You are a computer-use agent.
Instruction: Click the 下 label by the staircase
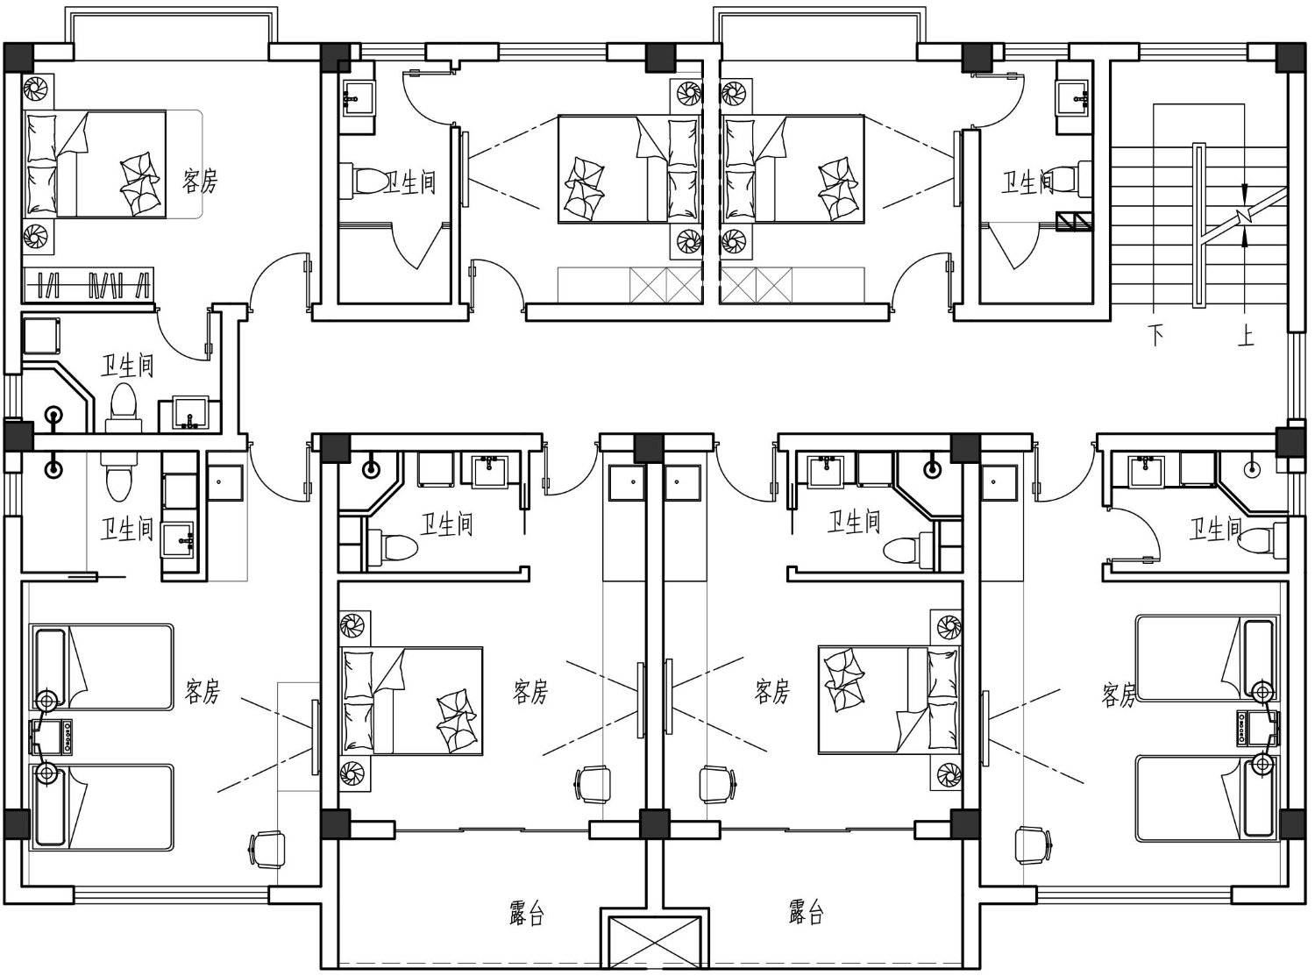tap(1156, 335)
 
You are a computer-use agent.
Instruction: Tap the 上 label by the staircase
tap(1246, 335)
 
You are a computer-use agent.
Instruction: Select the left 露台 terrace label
tap(527, 913)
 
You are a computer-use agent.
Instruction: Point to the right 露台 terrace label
tap(807, 912)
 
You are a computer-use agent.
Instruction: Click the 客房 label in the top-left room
tap(201, 181)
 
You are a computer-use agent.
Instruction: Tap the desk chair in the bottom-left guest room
tap(267, 851)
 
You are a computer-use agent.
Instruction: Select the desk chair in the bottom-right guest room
tap(1033, 846)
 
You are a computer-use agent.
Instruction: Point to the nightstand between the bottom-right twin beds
tap(1257, 728)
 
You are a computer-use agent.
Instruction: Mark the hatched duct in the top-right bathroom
tap(1074, 222)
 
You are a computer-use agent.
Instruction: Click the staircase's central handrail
tap(1198, 225)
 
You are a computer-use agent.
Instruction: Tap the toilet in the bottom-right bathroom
tap(1262, 540)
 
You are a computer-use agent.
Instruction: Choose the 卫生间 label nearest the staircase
tap(1028, 182)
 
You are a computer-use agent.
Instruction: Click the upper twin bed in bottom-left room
tap(102, 666)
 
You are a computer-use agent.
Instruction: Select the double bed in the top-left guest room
tap(95, 164)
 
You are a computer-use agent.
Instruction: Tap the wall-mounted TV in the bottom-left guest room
tap(316, 737)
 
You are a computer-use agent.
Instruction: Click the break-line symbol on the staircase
tap(1244, 216)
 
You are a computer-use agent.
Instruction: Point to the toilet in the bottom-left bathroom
tap(115, 474)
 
